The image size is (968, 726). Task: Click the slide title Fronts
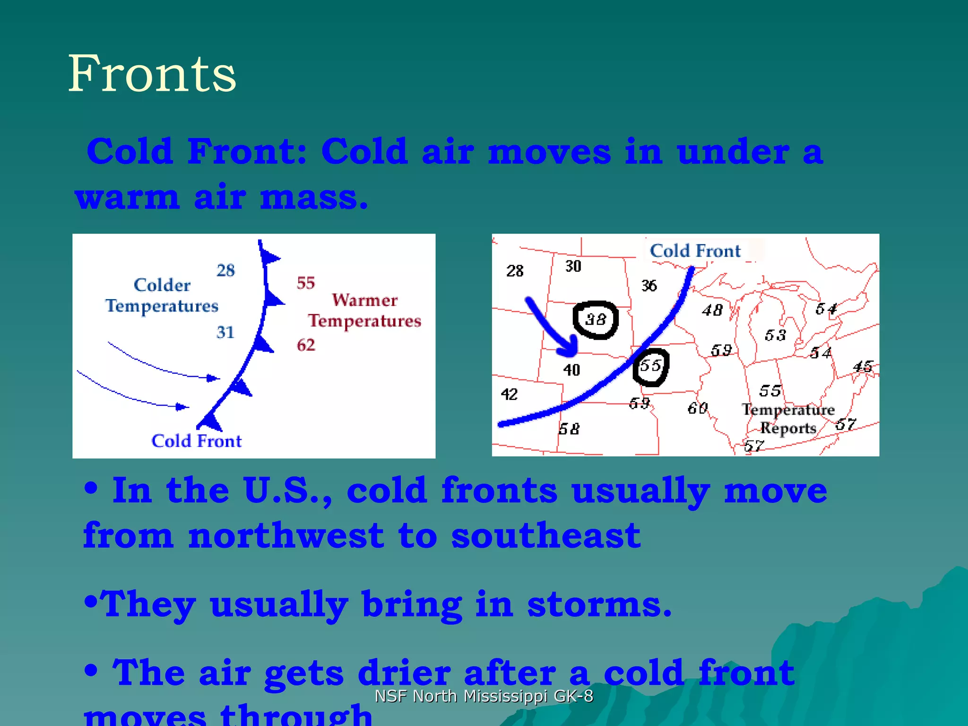[152, 74]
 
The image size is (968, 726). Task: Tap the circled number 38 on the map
[596, 320]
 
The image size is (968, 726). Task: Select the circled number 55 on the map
[650, 366]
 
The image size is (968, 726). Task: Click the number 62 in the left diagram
[306, 345]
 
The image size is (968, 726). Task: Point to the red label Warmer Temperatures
[364, 311]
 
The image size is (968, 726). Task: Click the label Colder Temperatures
[162, 295]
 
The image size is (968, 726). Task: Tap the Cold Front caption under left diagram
[196, 441]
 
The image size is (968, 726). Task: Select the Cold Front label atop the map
[695, 251]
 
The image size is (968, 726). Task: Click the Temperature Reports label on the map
[788, 419]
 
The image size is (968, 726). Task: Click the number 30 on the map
[573, 267]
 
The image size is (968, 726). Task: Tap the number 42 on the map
[509, 394]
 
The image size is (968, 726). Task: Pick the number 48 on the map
[712, 311]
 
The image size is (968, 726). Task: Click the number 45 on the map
[863, 367]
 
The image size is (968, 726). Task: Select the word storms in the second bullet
[599, 605]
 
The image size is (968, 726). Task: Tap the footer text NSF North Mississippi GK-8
[484, 696]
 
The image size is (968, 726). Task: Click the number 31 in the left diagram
[225, 332]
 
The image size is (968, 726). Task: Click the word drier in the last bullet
[404, 673]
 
